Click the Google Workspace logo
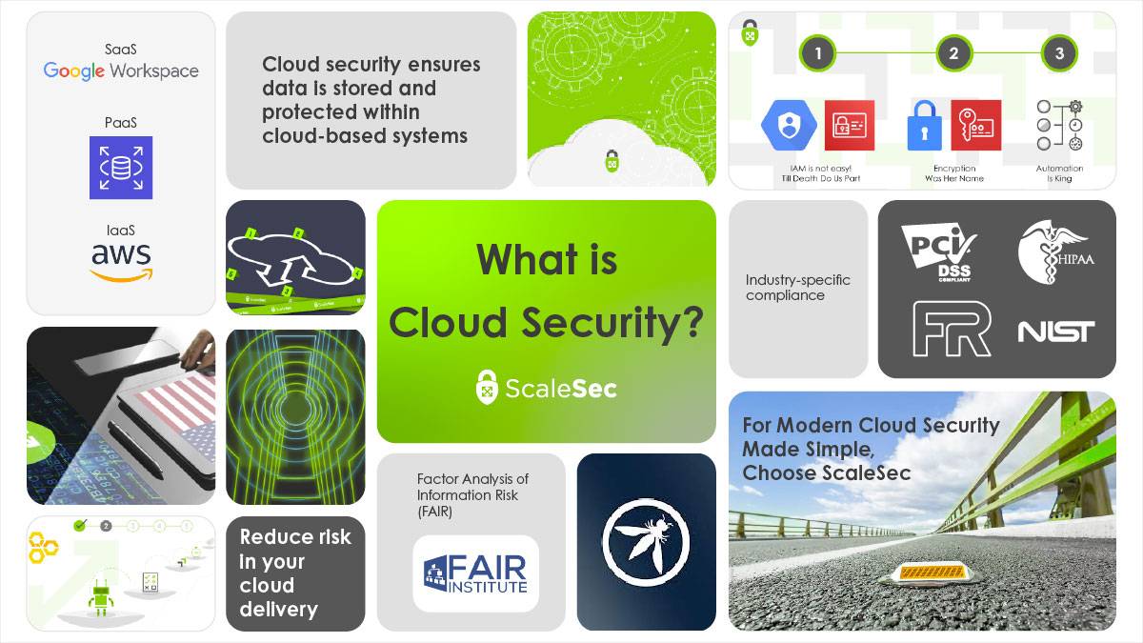[121, 70]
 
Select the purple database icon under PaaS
[121, 168]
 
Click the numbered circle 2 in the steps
[953, 53]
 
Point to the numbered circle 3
[1059, 53]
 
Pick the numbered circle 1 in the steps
[817, 53]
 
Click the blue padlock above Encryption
[923, 126]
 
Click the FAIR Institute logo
[475, 573]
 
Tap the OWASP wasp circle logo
[647, 542]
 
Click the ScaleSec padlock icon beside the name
[487, 387]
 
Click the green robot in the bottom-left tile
[101, 598]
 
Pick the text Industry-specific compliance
[797, 288]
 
